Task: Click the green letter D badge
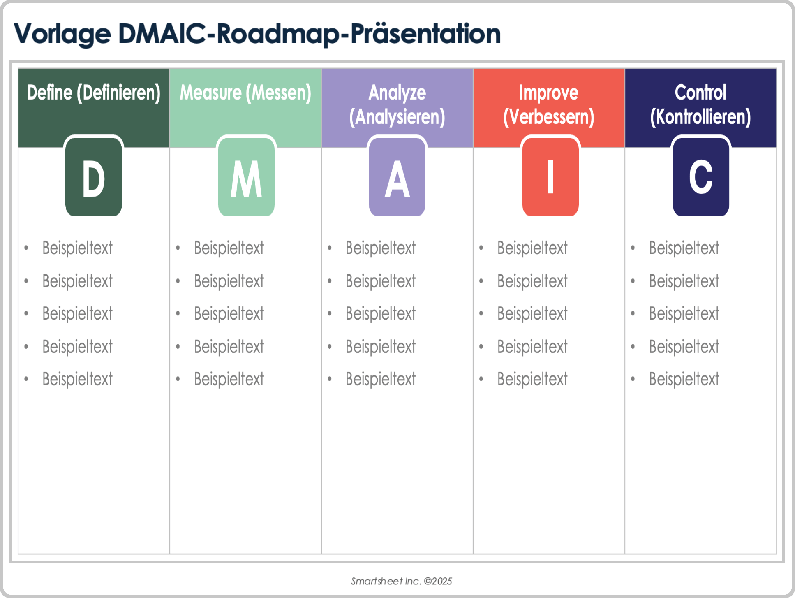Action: (94, 177)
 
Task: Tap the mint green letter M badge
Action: (246, 177)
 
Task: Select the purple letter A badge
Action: (397, 177)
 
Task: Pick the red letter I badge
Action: (550, 177)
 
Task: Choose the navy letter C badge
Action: (701, 177)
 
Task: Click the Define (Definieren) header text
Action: (94, 93)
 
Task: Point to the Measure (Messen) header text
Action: (245, 93)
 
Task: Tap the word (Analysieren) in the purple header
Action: (397, 117)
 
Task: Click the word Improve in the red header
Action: (549, 93)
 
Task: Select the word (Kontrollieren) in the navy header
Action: (700, 117)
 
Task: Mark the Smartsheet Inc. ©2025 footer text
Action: (401, 581)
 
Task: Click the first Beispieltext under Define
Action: (77, 248)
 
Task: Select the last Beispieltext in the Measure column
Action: (229, 379)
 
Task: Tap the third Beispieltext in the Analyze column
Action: (381, 314)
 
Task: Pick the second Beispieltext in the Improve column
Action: (532, 281)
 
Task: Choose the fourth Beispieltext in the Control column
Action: (684, 347)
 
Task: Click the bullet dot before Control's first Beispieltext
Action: (633, 248)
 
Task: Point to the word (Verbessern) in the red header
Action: (549, 117)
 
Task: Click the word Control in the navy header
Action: (700, 93)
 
